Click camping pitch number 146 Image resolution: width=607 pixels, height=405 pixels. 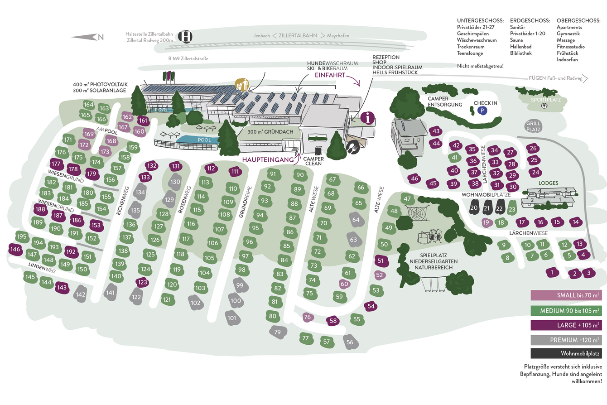pos(15,249)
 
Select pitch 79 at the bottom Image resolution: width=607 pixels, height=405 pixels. pos(277,332)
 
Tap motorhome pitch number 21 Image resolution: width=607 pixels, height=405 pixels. pos(487,208)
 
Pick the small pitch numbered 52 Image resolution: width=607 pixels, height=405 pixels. pos(380,275)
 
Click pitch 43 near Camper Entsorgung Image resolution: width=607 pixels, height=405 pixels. pos(436,131)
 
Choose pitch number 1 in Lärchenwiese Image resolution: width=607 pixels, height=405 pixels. pos(552,272)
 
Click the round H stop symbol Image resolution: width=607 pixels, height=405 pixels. pos(185,37)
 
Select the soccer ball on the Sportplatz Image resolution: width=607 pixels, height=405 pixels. pos(544,106)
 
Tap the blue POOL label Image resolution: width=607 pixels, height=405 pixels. pos(204,140)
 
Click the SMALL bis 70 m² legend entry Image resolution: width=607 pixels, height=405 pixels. pos(566,296)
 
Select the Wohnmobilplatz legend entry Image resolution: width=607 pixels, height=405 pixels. pos(566,353)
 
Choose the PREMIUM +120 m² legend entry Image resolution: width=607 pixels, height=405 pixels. pos(566,339)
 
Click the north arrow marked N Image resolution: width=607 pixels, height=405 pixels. pos(88,37)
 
